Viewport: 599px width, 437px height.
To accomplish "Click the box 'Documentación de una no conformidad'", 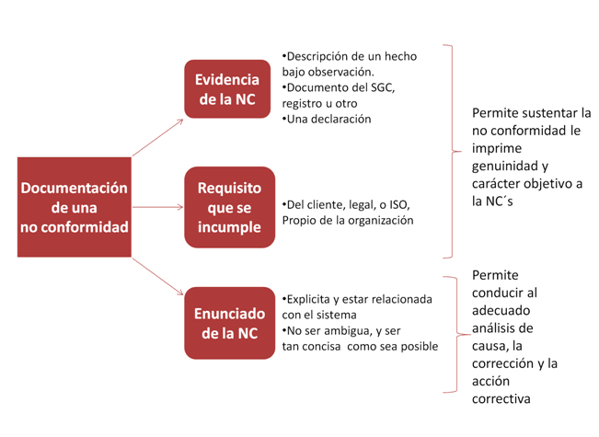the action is (75, 207).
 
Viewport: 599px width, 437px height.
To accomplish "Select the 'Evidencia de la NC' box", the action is (227, 89).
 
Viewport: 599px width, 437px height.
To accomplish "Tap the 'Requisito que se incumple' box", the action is (230, 207).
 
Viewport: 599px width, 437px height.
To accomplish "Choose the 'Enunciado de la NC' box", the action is (230, 323).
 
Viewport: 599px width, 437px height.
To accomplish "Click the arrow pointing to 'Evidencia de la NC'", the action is (157, 137).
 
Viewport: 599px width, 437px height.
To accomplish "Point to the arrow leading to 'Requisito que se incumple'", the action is (157, 207).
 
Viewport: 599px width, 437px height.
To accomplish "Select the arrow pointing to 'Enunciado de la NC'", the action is (157, 276).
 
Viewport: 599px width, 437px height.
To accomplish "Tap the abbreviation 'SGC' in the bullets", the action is (383, 87).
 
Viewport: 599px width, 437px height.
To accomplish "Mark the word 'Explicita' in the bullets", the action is (308, 300).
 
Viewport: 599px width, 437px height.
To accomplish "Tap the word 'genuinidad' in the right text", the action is (501, 167).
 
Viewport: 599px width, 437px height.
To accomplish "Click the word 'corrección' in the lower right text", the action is (503, 363).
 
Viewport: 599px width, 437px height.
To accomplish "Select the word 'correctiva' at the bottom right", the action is (501, 399).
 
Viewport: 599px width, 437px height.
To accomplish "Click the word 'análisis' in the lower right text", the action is (493, 328).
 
